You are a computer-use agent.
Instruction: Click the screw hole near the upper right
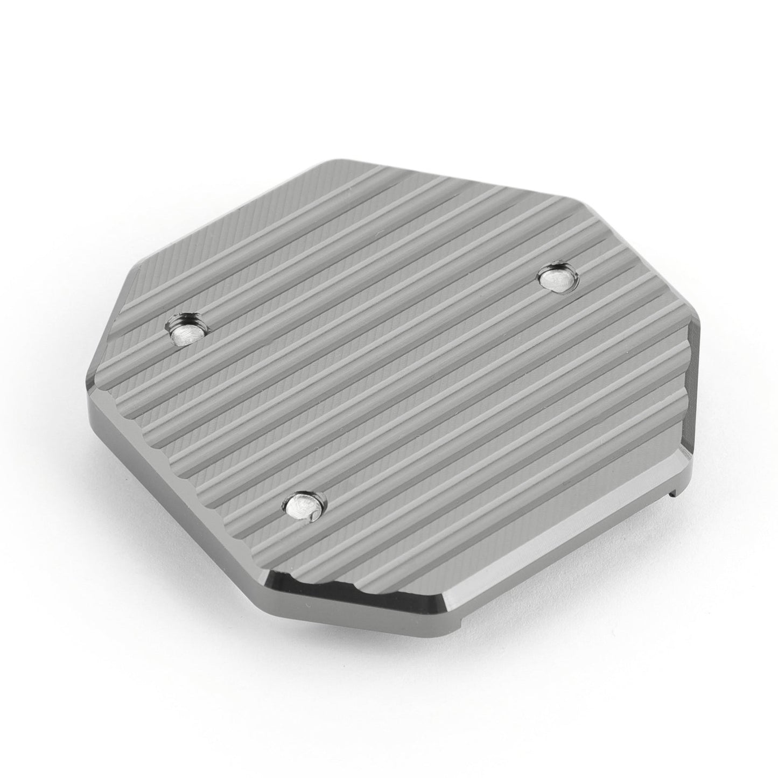tap(557, 278)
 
